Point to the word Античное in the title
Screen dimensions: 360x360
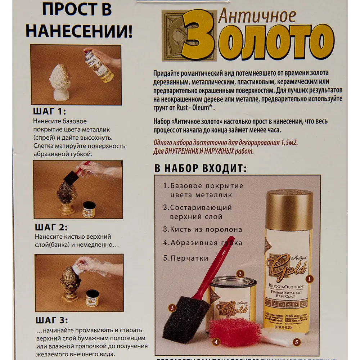pos(257,16)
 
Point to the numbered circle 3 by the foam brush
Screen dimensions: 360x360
pos(172,308)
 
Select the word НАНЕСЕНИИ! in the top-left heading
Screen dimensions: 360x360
pos(79,31)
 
